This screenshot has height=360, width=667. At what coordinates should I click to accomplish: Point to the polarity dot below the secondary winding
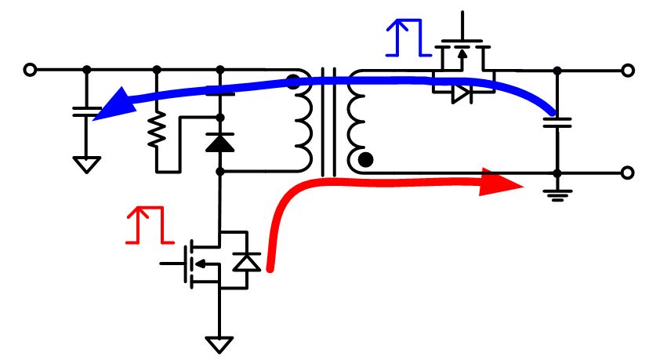tap(365, 161)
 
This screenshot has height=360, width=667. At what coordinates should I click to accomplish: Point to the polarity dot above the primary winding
tap(292, 81)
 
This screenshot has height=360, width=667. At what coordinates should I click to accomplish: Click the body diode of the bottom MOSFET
tap(248, 261)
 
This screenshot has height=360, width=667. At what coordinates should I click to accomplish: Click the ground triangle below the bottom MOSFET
tap(219, 344)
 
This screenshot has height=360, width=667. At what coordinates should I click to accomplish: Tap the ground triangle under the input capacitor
tap(87, 165)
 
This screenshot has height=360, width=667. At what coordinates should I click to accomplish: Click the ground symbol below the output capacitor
tap(557, 194)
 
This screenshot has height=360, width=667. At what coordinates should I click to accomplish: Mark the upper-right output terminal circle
tap(627, 71)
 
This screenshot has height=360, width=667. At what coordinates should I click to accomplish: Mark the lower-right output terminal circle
tap(627, 173)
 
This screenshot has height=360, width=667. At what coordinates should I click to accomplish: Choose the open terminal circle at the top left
tap(30, 70)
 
